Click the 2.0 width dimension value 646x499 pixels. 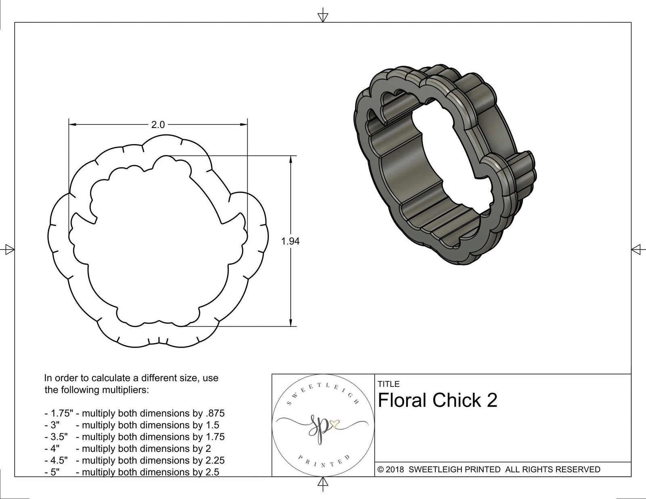[x=158, y=125]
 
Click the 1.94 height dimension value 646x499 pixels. [x=290, y=241]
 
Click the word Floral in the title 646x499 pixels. [x=402, y=400]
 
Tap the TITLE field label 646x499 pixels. [x=388, y=384]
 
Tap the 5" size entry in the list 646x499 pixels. [x=55, y=472]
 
